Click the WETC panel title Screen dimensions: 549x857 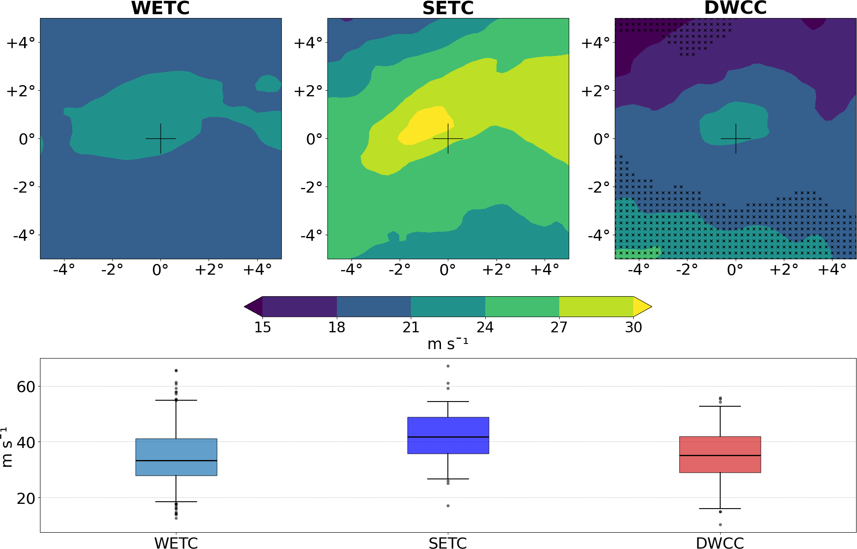pyautogui.click(x=160, y=8)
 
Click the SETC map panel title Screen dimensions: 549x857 pyautogui.click(x=448, y=8)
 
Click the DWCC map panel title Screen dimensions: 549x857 pyautogui.click(x=735, y=8)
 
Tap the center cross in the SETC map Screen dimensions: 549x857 pyautogui.click(x=448, y=138)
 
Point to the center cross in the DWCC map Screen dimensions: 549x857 pyautogui.click(x=736, y=138)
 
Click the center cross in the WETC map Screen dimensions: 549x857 pyautogui.click(x=160, y=138)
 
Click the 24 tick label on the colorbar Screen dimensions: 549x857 pyautogui.click(x=485, y=328)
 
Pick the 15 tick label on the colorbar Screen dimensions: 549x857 pyautogui.click(x=262, y=328)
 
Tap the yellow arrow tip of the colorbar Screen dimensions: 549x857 pyautogui.click(x=642, y=307)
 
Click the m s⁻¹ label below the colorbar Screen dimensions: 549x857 pyautogui.click(x=447, y=344)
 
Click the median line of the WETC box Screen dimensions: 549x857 pyautogui.click(x=176, y=460)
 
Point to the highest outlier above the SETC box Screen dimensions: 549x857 pyautogui.click(x=448, y=366)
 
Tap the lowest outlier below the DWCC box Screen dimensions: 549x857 pyautogui.click(x=720, y=524)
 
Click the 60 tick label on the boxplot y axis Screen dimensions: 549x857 pyautogui.click(x=26, y=387)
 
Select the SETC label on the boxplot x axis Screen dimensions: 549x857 pyautogui.click(x=448, y=543)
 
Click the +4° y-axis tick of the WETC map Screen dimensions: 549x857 pyautogui.click(x=20, y=43)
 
